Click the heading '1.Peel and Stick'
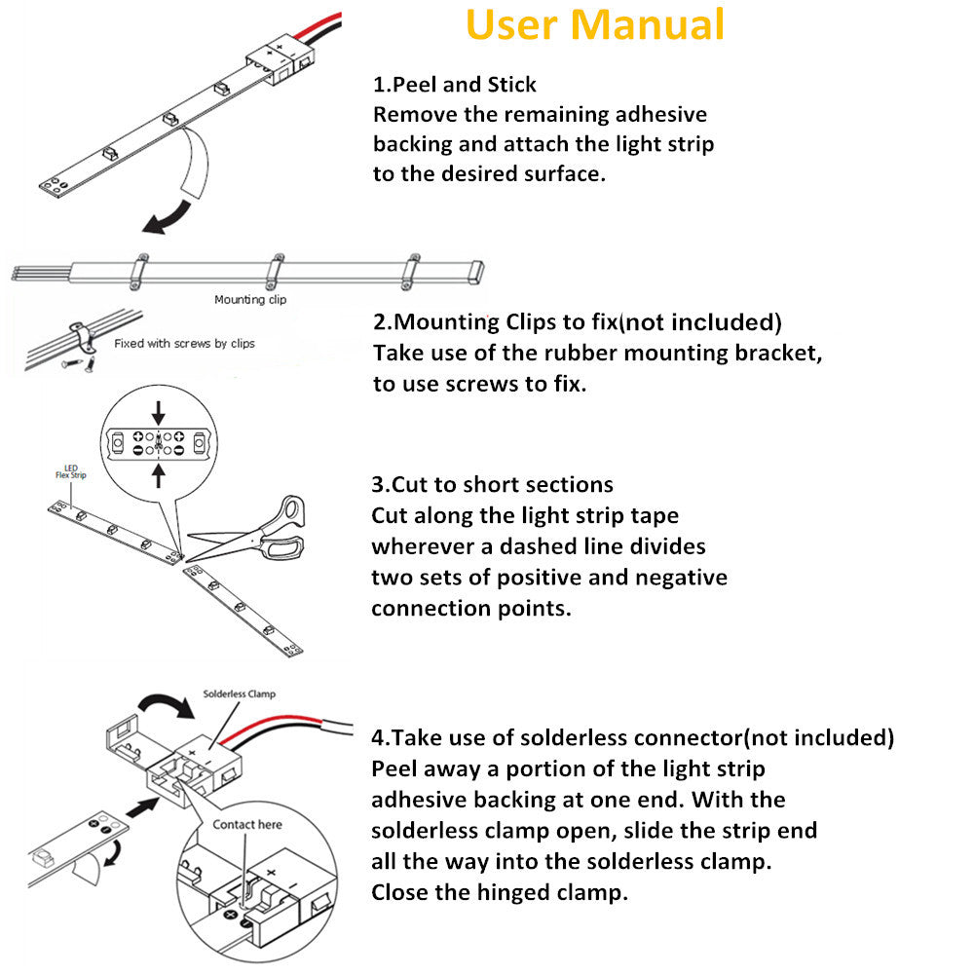(x=454, y=84)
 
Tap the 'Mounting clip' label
(x=250, y=300)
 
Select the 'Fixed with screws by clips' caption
(x=184, y=344)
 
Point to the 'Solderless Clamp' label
(x=239, y=694)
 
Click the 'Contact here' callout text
(x=247, y=824)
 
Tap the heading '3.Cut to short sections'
(x=492, y=484)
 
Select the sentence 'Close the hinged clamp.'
(x=500, y=892)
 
